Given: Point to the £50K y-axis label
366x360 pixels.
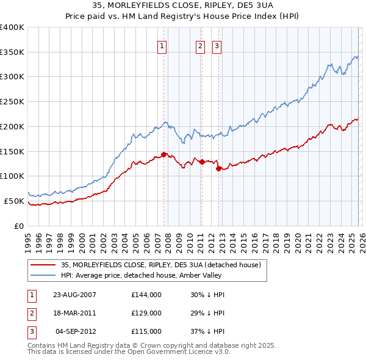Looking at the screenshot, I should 14,201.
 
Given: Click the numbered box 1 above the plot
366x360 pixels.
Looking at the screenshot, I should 162,45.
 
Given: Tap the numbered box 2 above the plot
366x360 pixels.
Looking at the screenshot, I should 200,45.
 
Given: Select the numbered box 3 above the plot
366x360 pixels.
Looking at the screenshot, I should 217,45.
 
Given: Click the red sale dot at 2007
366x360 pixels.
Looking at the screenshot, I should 163,154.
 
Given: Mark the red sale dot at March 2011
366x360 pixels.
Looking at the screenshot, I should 202,162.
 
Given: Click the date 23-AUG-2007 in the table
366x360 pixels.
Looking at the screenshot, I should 75,294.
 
